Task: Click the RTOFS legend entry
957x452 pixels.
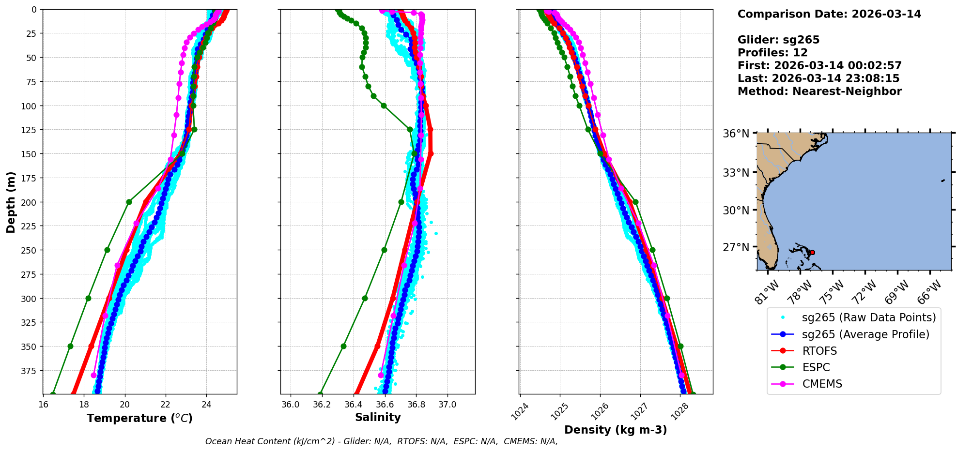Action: coord(819,351)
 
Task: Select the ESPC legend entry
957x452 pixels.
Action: coord(816,367)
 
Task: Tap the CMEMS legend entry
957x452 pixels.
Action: coord(822,384)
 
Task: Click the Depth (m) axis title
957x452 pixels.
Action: coord(11,202)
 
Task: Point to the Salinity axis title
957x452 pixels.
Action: coord(378,418)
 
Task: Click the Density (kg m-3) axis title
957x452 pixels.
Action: coord(616,430)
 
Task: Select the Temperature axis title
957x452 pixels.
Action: coord(139,418)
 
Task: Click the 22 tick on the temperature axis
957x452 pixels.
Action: coord(166,405)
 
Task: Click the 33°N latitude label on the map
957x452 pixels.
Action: coord(736,173)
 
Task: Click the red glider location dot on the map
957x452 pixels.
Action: coord(812,253)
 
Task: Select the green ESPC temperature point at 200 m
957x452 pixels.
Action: coord(129,202)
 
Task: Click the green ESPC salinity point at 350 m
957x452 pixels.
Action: coord(343,346)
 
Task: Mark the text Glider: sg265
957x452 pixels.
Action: coord(778,40)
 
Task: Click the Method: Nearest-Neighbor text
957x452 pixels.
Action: coord(819,91)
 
